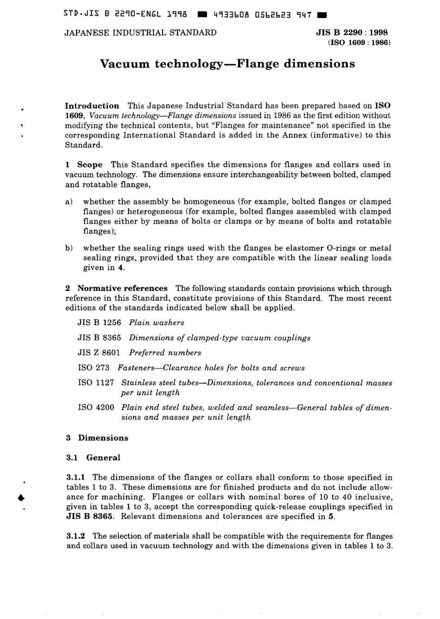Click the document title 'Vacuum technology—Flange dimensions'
pos(227,64)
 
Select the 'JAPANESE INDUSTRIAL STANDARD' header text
pos(140,32)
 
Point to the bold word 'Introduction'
pos(92,106)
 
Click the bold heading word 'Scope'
pos(90,164)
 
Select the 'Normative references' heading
pos(122,288)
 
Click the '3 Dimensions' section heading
pos(97,438)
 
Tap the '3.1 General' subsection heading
pos(93,458)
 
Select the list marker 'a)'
pos(69,202)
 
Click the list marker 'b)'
pos(69,248)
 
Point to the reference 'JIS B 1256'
pos(99,322)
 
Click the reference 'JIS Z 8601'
pos(99,353)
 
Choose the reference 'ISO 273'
pos(94,368)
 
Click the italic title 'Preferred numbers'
pos(165,353)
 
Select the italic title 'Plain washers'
pos(157,322)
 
